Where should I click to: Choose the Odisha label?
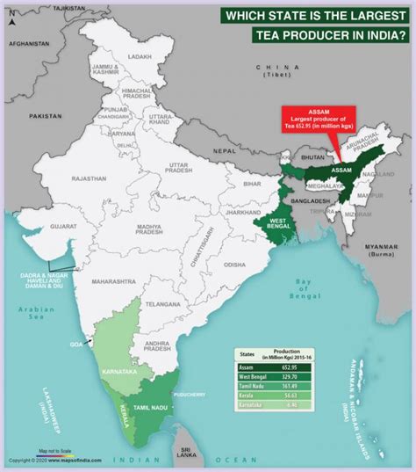point(234,264)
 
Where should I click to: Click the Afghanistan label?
point(29,43)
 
